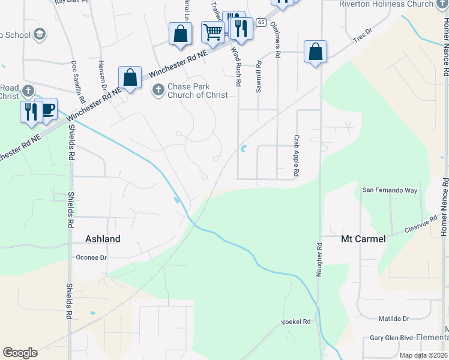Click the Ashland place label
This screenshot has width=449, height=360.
(x=103, y=239)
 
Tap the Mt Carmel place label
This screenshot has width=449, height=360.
(x=363, y=239)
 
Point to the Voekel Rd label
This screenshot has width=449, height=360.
(x=296, y=322)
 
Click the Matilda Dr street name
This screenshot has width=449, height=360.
(x=394, y=319)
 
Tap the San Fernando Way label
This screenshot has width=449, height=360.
(x=390, y=190)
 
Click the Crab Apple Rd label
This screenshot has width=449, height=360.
(x=297, y=155)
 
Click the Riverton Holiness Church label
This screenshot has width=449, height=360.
(x=394, y=4)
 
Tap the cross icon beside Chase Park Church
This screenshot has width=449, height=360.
(x=158, y=90)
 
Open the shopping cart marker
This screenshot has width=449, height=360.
(x=212, y=32)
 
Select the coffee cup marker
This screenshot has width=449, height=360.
(x=46, y=109)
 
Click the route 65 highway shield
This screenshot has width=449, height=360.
(x=261, y=22)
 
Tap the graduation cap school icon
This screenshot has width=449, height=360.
(x=40, y=34)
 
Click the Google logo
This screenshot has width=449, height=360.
(x=20, y=353)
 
